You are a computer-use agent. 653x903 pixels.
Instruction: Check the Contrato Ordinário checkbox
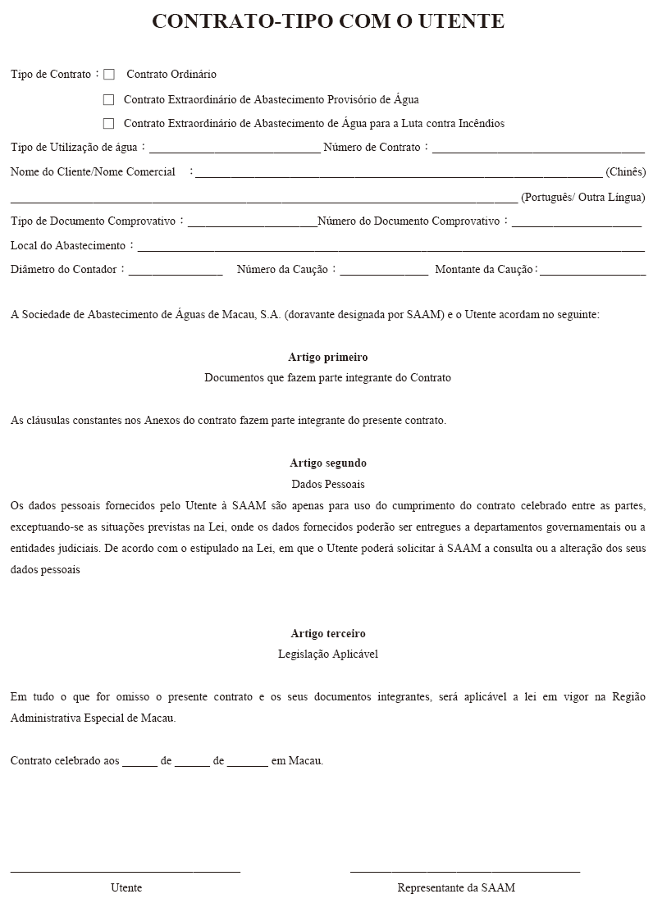tap(109, 75)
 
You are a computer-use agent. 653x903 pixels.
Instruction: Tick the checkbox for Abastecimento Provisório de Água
tap(108, 100)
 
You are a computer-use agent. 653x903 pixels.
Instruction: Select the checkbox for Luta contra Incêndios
tap(108, 124)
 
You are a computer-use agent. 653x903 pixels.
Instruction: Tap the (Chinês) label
tap(625, 172)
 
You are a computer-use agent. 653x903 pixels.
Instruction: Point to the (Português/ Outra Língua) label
tap(582, 198)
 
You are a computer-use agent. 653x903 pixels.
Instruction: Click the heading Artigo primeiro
tap(328, 358)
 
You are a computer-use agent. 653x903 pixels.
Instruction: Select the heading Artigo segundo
tap(328, 463)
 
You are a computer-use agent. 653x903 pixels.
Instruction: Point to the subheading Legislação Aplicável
tap(328, 654)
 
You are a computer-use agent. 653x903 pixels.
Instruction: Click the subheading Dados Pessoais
tap(328, 484)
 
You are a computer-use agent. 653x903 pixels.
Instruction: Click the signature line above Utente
tap(126, 870)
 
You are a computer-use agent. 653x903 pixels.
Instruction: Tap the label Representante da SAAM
tap(456, 888)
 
